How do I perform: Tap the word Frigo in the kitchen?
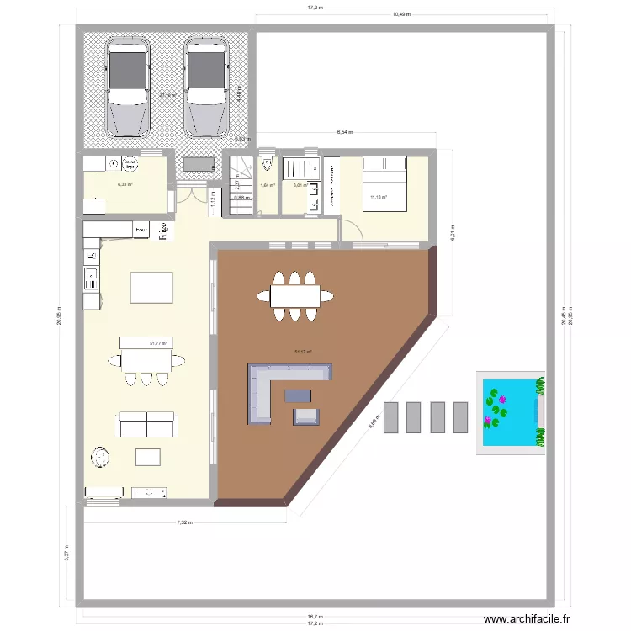164,231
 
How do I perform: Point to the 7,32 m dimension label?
184,522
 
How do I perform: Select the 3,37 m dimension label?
66,555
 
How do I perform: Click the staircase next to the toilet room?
241,186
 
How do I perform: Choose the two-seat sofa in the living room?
146,425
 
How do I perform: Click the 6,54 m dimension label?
345,132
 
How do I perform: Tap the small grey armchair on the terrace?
305,416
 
